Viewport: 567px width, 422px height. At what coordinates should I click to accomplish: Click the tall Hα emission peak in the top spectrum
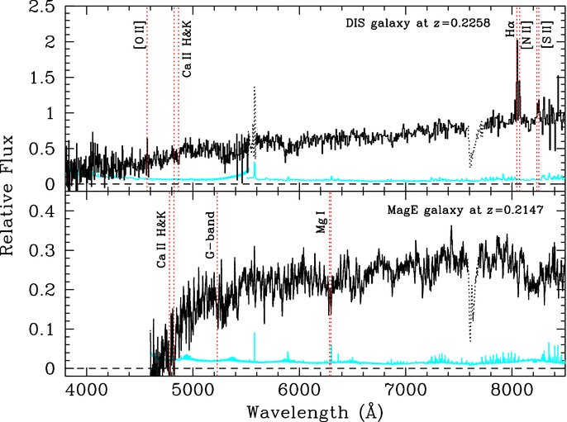coord(517,41)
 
